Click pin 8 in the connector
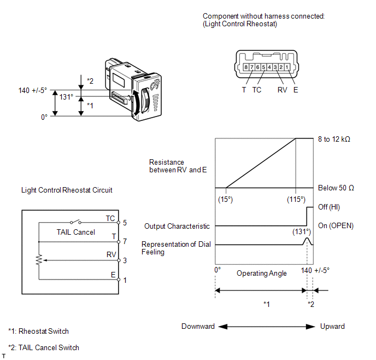[x=246, y=67]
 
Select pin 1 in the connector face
[x=287, y=67]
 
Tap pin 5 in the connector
[x=263, y=67]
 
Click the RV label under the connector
[x=282, y=90]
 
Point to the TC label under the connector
[x=256, y=90]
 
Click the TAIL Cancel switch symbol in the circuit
[x=75, y=222]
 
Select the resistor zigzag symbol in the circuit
[x=39, y=260]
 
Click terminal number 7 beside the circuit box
[x=125, y=241]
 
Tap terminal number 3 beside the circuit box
[x=125, y=260]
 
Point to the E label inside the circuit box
[x=113, y=275]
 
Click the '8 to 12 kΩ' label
[x=334, y=139]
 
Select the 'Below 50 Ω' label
[x=336, y=188]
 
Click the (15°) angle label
[x=225, y=200]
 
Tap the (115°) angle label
[x=296, y=200]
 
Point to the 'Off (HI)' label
[x=329, y=207]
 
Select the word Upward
[x=332, y=327]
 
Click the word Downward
[x=198, y=327]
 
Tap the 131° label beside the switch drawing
[x=66, y=97]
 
